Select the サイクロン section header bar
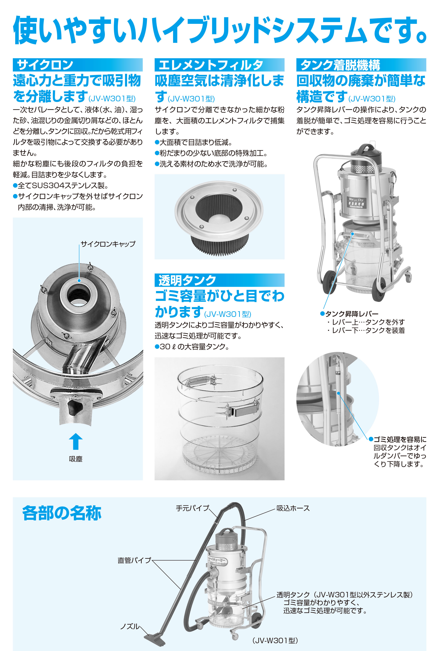point(78,65)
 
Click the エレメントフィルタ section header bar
point(219,65)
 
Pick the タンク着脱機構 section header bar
point(361,65)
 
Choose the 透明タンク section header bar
point(219,280)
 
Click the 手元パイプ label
point(192,508)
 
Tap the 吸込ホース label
point(293,508)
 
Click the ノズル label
point(130,626)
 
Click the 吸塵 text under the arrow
point(76,459)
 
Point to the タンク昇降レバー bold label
point(349,314)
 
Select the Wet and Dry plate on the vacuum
point(356,202)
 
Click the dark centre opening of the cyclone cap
point(79,294)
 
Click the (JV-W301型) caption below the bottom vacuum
point(275,640)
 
